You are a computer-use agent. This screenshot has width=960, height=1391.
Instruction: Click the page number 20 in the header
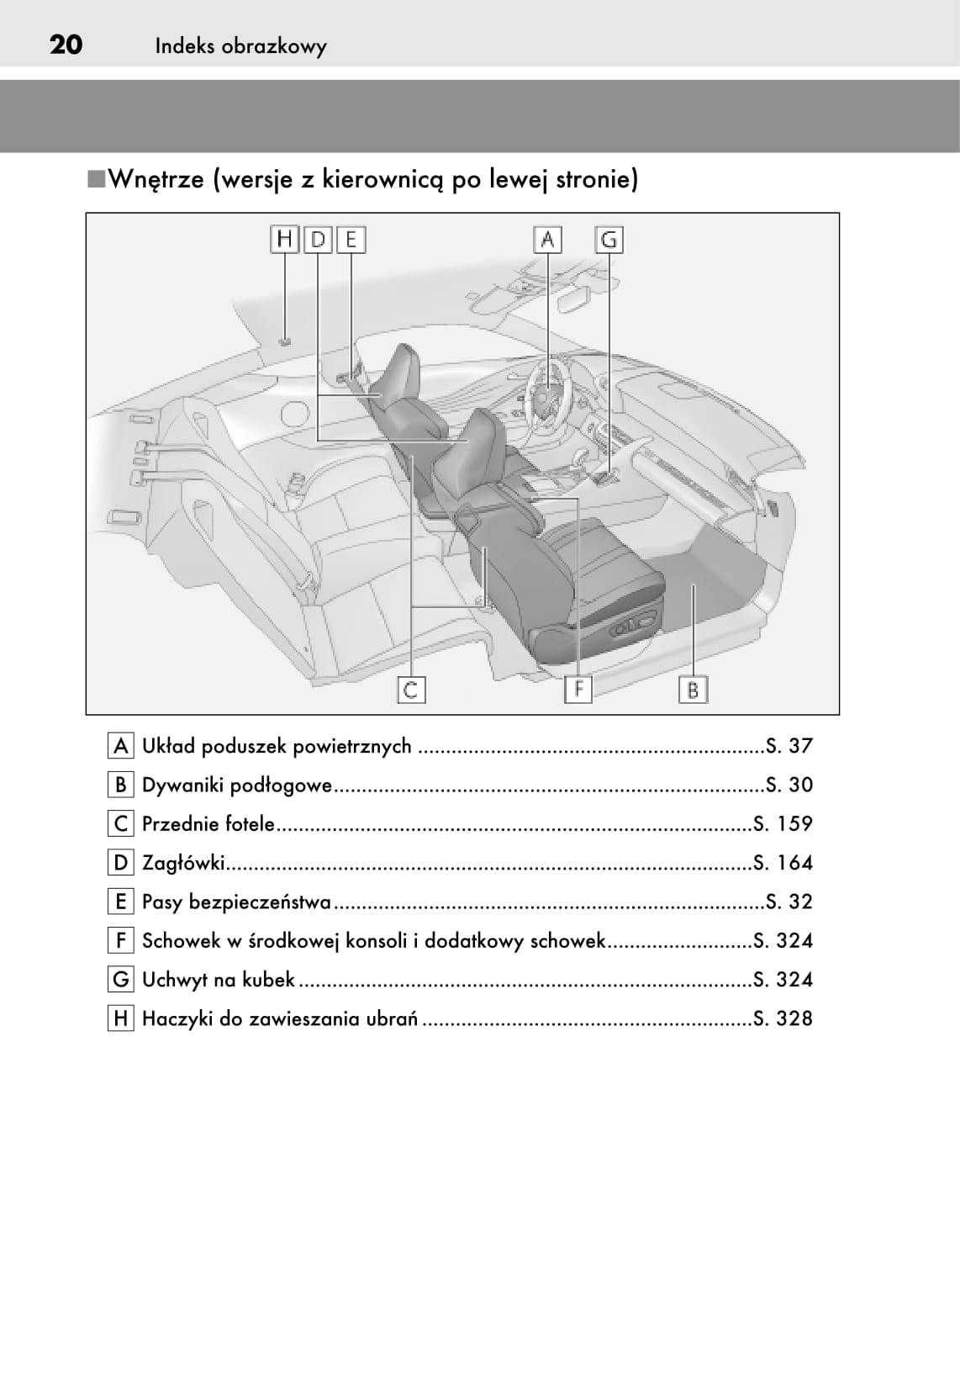(x=66, y=45)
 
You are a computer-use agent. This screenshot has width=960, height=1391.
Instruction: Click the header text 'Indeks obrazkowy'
(x=240, y=46)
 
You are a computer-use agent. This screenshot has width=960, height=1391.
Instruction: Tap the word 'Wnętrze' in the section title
(x=156, y=179)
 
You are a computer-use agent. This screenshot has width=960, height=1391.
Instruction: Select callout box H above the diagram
(x=285, y=240)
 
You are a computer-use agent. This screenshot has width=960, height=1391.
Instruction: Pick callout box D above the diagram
(x=318, y=240)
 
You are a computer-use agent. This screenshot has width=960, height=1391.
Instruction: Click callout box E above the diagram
(x=351, y=240)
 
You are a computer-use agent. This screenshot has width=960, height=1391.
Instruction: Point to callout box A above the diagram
(x=547, y=240)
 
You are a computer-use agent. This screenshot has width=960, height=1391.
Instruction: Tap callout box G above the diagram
(x=609, y=240)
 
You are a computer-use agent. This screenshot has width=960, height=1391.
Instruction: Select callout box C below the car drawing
(x=411, y=690)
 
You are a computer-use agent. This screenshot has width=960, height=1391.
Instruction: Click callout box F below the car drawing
(x=578, y=690)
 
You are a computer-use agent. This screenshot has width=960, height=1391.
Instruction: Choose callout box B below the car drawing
(x=693, y=690)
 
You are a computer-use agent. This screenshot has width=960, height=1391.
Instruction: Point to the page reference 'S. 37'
(x=789, y=746)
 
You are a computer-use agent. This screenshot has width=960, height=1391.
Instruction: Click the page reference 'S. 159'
(x=783, y=823)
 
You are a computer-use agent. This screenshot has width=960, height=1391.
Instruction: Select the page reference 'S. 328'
(x=783, y=1018)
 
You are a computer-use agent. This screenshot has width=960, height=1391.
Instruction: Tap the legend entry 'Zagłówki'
(x=183, y=863)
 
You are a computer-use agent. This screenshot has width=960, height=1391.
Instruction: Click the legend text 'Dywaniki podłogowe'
(x=237, y=785)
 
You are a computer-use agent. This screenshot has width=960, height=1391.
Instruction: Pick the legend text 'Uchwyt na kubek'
(x=219, y=980)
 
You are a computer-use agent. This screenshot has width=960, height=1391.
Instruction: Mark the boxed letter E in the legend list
(x=121, y=902)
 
